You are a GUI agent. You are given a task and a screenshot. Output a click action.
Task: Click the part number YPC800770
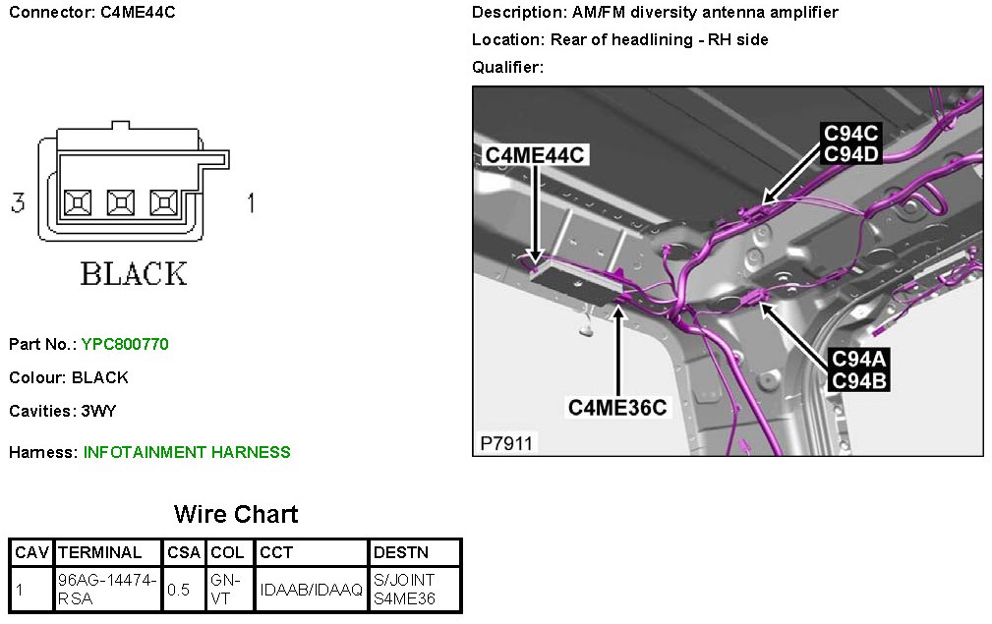(125, 344)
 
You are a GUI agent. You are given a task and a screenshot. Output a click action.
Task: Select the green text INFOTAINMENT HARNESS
(187, 452)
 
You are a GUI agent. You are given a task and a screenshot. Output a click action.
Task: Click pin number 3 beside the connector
(18, 203)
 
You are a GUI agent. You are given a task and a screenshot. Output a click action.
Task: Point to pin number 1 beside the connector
(250, 203)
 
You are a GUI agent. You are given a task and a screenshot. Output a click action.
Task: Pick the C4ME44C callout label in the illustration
(535, 155)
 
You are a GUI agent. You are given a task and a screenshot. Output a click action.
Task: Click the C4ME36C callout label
(618, 406)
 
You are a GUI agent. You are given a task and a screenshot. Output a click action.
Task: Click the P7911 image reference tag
(506, 443)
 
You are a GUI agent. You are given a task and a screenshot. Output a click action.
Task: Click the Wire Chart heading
(236, 514)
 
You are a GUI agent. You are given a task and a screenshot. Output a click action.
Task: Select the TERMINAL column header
(99, 552)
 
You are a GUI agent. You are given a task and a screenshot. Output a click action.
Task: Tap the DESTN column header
(398, 552)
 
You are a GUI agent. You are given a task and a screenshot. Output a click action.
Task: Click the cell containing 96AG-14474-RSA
(108, 590)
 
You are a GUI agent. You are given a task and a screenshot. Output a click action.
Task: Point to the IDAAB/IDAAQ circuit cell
(312, 590)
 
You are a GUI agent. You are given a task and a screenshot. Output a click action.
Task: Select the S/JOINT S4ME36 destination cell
(404, 590)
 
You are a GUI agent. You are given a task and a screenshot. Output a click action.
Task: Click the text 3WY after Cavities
(98, 411)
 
